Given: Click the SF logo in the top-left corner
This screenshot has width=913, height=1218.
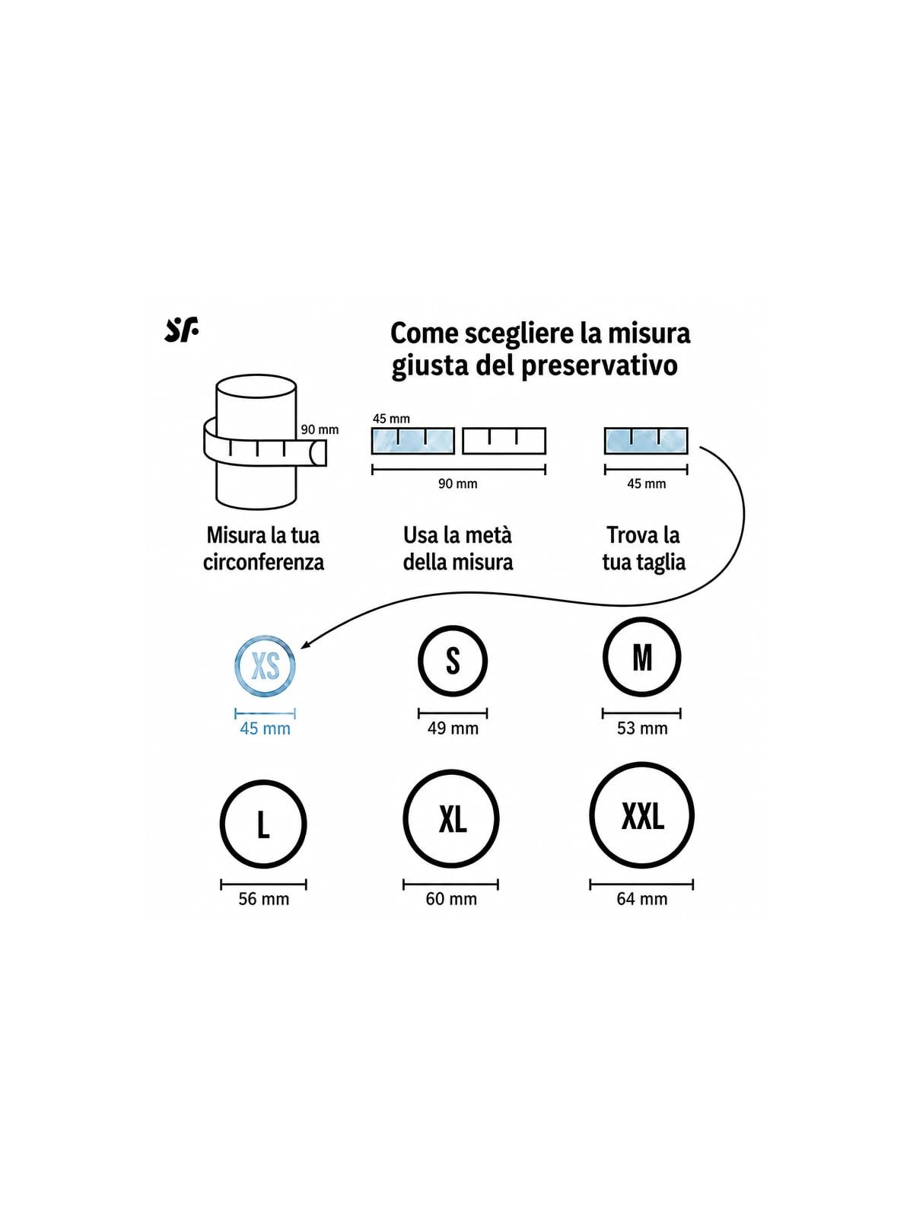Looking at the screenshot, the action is click(x=181, y=330).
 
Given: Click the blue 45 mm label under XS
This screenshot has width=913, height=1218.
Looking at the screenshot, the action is click(x=265, y=728).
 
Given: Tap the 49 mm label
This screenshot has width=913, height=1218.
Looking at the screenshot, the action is click(x=453, y=728).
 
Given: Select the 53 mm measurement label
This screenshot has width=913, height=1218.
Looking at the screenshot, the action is click(x=642, y=728).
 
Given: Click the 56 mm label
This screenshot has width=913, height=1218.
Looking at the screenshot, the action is click(x=264, y=898).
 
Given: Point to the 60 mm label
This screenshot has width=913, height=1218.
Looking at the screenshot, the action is click(x=451, y=898).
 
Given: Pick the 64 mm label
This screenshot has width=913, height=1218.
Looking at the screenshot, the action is click(x=642, y=898).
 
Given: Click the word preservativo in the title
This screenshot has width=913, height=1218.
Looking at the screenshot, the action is click(x=600, y=365).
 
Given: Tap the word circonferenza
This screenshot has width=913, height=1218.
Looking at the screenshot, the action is click(x=263, y=562).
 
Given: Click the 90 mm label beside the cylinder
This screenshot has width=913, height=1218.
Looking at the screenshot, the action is click(x=320, y=429).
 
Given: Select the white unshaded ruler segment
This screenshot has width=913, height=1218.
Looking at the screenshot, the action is click(x=504, y=441).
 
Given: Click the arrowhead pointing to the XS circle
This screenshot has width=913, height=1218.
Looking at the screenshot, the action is click(x=305, y=644).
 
